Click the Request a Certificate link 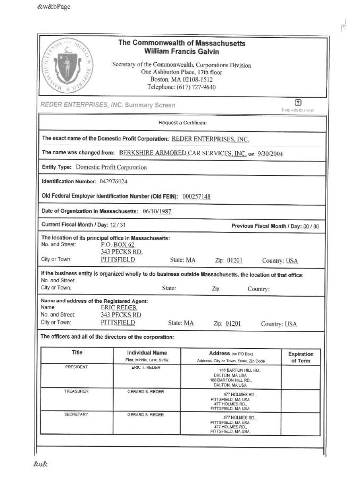pyautogui.click(x=182, y=123)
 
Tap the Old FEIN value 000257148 pyautogui.click(x=197, y=197)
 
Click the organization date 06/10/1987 pyautogui.click(x=157, y=211)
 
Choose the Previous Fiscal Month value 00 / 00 pyautogui.click(x=311, y=226)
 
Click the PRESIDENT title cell pyautogui.click(x=77, y=367)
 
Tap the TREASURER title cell pyautogui.click(x=77, y=392)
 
